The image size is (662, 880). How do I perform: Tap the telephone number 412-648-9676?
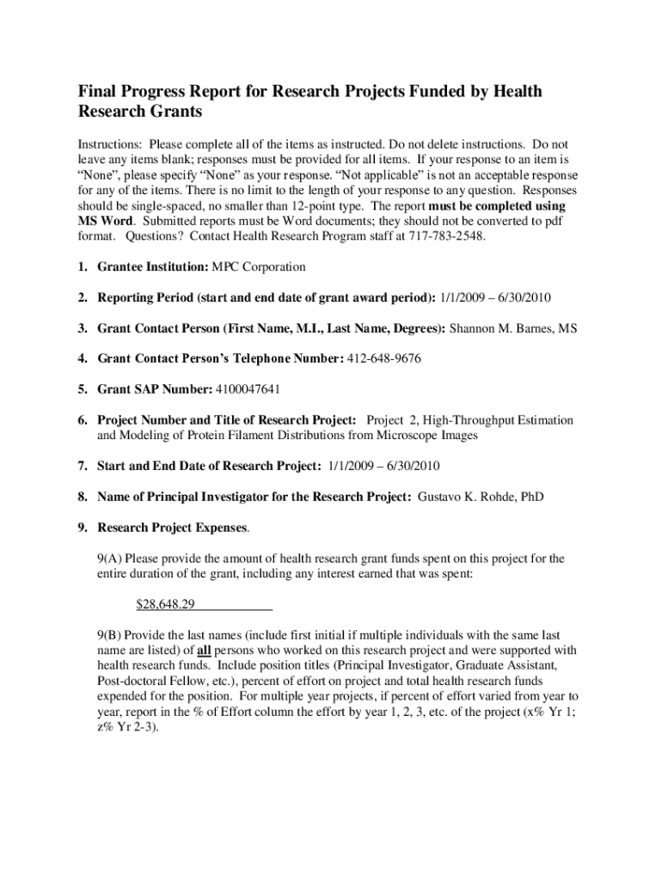click(384, 358)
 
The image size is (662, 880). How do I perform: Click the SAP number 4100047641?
click(248, 389)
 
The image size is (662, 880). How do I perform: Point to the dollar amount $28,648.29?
click(166, 604)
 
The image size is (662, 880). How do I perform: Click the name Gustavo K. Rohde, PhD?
click(481, 497)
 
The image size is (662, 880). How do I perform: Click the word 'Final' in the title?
click(98, 92)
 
